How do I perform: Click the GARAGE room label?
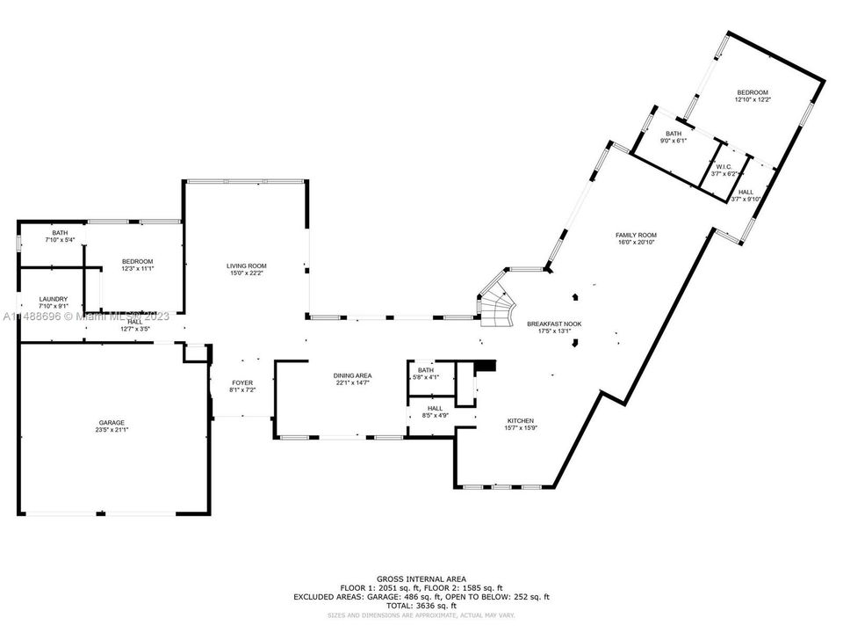tap(112, 423)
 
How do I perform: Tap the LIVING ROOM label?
tap(247, 266)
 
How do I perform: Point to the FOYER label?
tap(242, 382)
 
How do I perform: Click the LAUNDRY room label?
tap(53, 299)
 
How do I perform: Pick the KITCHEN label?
tap(520, 421)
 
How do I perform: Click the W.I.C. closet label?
tap(724, 167)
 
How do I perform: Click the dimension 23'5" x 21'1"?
tap(112, 431)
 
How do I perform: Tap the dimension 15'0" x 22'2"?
tap(247, 273)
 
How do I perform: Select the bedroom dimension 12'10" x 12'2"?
tap(753, 100)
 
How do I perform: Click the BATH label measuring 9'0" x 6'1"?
tap(674, 134)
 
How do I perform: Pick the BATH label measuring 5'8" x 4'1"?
tap(426, 370)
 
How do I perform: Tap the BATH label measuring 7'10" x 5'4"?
tap(60, 233)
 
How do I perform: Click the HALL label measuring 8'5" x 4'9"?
tap(435, 408)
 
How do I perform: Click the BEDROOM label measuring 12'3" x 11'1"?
tap(138, 261)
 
